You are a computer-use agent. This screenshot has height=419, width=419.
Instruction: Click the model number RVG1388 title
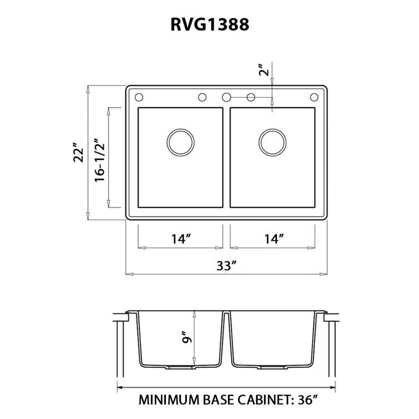point(209,25)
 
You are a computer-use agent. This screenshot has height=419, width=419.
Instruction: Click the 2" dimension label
point(265,70)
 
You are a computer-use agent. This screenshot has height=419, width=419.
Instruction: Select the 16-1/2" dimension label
point(100,158)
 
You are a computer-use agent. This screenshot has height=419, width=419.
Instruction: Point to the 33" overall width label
point(226,265)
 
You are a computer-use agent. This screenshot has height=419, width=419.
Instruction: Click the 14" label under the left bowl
point(181,239)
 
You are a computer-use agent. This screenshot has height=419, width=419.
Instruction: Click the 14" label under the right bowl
point(274,239)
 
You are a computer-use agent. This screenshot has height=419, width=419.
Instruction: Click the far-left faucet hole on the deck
point(138,97)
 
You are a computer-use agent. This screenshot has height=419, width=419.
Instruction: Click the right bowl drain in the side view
point(272,367)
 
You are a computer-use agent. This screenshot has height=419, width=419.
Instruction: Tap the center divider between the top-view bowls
point(226,158)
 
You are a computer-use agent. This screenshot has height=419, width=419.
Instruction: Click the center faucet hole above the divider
point(226,97)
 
